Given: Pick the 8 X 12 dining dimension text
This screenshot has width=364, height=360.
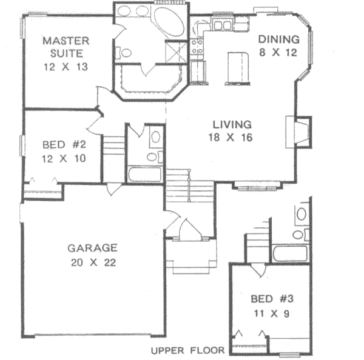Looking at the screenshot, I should pyautogui.click(x=278, y=53).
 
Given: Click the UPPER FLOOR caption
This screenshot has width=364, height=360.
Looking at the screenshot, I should pyautogui.click(x=187, y=350).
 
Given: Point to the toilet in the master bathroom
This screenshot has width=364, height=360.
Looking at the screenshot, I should pyautogui.click(x=126, y=53).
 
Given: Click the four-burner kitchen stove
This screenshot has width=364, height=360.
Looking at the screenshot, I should pyautogui.click(x=197, y=47).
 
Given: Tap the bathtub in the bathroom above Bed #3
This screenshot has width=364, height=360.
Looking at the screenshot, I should pyautogui.click(x=292, y=253).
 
